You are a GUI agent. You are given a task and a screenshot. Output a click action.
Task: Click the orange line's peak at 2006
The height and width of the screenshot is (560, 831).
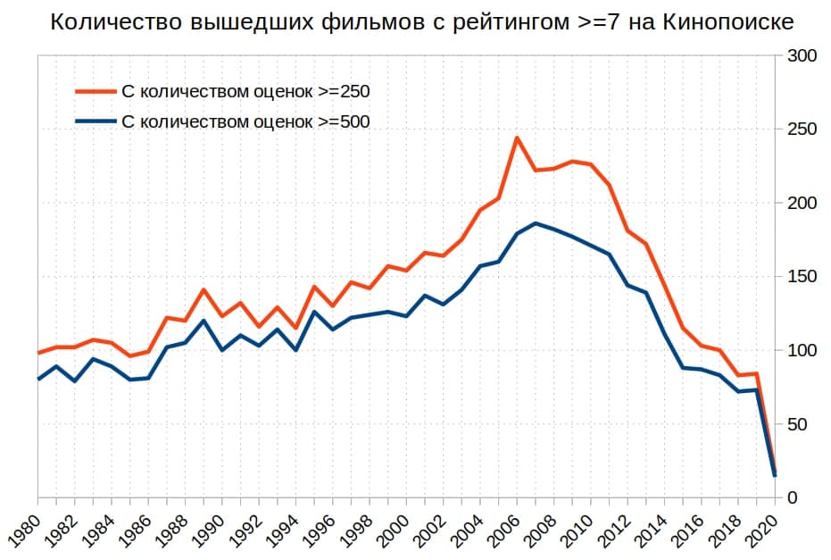[516, 138]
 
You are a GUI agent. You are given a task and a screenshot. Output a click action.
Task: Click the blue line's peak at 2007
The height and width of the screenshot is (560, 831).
[535, 223]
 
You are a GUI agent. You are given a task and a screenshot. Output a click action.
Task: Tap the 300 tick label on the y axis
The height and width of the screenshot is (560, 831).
[798, 56]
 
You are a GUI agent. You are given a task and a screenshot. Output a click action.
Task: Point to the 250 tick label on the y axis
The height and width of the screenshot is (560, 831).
[798, 130]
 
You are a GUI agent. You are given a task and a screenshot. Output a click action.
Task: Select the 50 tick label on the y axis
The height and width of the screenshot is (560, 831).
[794, 424]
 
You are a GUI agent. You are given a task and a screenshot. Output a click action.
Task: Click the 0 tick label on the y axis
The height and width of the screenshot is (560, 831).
[790, 497]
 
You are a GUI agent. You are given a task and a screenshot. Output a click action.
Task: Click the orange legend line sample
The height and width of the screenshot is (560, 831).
[95, 91]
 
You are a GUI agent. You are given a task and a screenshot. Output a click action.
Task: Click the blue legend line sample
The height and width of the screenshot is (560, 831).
[95, 121]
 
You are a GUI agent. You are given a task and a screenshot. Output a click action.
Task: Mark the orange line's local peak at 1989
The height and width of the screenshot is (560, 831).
[204, 289]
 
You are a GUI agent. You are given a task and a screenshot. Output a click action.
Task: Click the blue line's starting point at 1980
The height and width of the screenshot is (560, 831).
[38, 379]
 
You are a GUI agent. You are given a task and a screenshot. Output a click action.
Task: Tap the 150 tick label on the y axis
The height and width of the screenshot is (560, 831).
[798, 277]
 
